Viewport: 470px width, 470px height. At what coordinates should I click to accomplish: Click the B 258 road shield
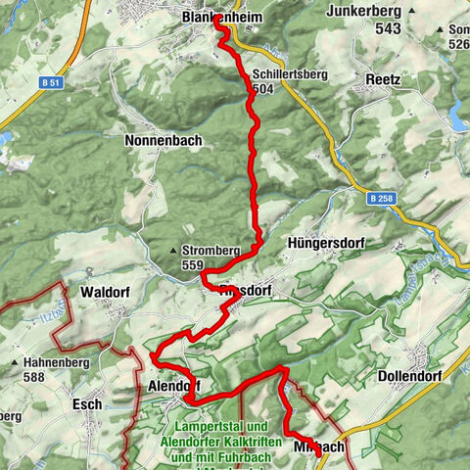[x=384, y=199]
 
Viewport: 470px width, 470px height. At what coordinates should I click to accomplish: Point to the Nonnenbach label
[x=164, y=141]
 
